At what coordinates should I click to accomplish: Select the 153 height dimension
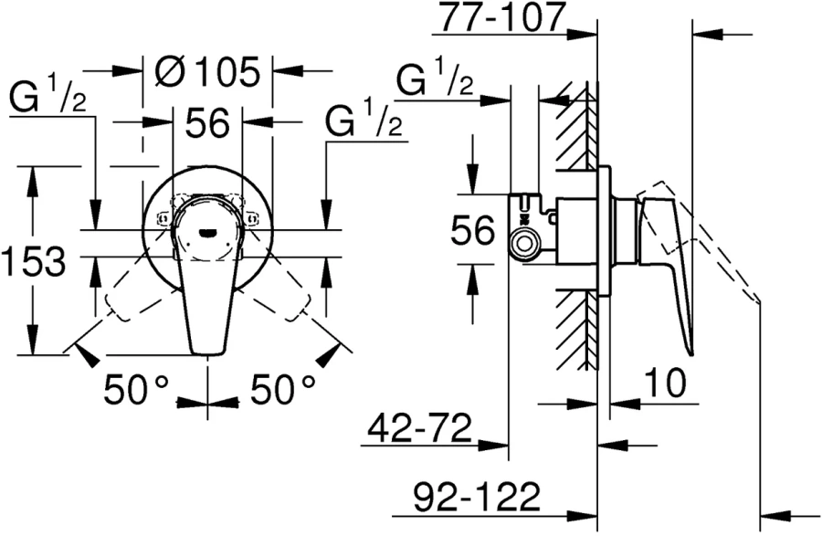tap(33, 263)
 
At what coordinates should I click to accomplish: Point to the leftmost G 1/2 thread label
tap(47, 95)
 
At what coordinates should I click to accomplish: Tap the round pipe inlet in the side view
tap(523, 244)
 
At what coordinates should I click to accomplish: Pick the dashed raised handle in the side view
tap(722, 256)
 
